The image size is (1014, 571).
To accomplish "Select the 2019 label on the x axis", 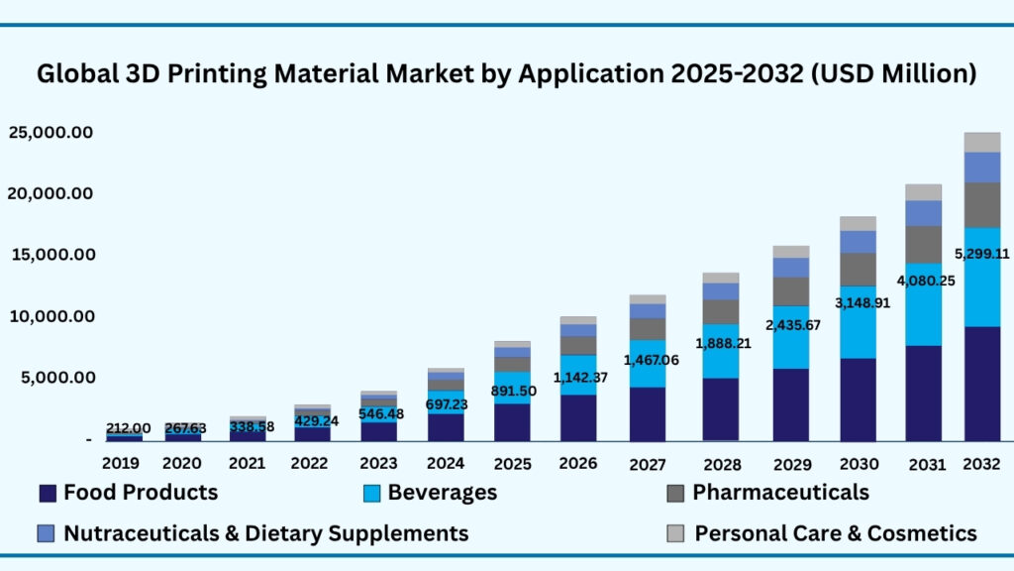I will pos(120,462).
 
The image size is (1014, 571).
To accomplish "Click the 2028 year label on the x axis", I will pos(722,463).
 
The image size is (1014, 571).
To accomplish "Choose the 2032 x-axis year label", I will pos(981,463).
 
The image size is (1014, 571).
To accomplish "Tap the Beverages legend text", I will pos(442,493).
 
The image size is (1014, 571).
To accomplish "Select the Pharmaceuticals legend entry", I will pos(780,493).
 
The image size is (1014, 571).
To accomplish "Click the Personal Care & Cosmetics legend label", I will pos(836,533).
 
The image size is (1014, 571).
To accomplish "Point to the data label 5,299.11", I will pos(980,253).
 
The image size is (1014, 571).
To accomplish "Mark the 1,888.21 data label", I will pos(720,344).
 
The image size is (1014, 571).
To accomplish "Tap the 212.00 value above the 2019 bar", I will pos(128,428).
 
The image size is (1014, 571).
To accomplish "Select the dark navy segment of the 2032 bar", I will pos(981,383).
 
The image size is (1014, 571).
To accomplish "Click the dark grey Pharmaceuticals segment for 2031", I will pos(923,244).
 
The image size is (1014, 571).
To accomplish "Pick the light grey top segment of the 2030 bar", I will pos(858,223).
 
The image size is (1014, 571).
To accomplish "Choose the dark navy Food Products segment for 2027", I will pos(647,413).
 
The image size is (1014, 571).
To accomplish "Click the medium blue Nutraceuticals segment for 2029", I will pos(790,268).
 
